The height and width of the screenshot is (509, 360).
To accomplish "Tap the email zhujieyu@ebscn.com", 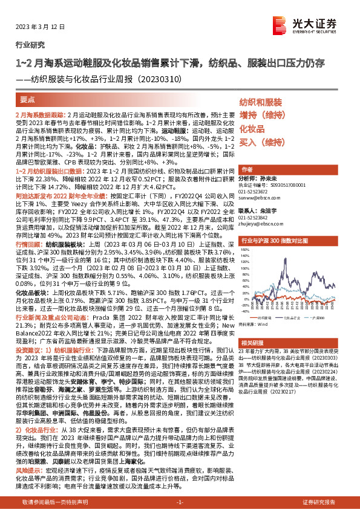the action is click(x=259, y=224).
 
